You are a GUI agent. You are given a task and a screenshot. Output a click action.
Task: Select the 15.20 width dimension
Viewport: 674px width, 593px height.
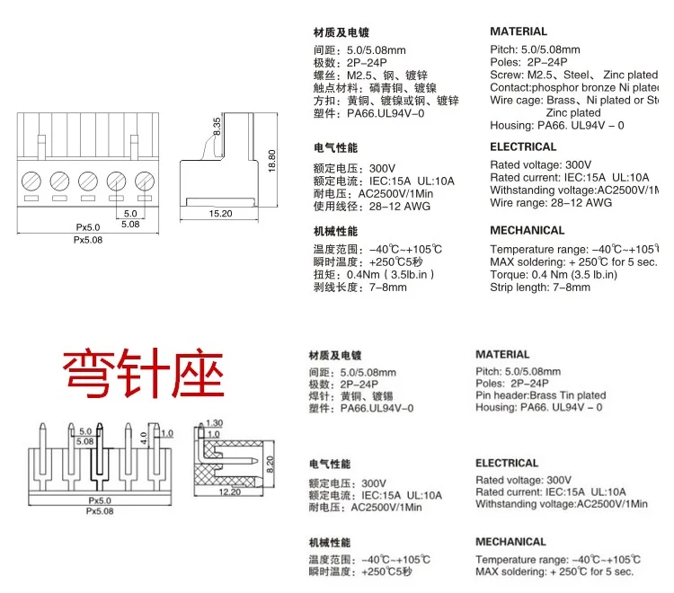[x=220, y=214]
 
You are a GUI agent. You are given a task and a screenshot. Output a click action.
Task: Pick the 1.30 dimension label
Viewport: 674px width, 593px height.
[x=214, y=423]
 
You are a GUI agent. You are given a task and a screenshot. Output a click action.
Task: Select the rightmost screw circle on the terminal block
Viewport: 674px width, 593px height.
[x=144, y=179]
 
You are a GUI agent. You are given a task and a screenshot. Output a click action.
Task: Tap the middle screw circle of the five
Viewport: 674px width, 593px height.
[x=89, y=179]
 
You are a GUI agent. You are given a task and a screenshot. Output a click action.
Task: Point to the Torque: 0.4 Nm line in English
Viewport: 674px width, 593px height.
[x=553, y=274]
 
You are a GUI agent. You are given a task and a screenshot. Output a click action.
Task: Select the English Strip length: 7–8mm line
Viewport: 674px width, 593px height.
[x=540, y=287]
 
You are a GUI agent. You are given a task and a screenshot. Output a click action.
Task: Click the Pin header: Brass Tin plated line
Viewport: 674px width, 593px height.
[x=540, y=395]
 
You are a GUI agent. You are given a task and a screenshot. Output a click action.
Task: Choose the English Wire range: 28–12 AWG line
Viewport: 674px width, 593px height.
[x=551, y=202]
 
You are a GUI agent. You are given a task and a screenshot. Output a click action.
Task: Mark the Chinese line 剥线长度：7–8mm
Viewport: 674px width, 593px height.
[x=360, y=288]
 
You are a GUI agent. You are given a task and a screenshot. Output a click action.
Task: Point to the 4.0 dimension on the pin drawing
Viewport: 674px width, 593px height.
[x=143, y=438]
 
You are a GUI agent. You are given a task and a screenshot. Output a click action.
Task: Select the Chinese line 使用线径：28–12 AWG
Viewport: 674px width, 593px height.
[x=371, y=207]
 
